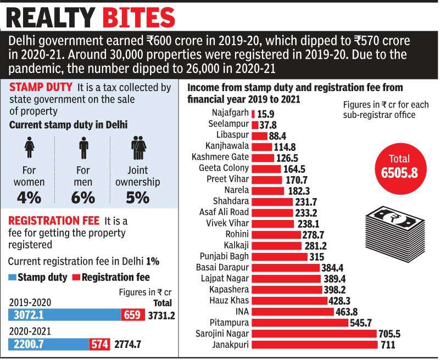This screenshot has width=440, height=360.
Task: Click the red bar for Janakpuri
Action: coord(315,345)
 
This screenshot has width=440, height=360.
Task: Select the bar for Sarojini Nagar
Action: coord(314,334)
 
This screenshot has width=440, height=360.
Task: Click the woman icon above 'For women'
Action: coord(30,148)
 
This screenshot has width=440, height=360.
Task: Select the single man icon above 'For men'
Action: coord(83,148)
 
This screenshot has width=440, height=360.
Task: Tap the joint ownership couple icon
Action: coord(138,148)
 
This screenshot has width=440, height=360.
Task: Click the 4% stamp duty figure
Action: coord(30,197)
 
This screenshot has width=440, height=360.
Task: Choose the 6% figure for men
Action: coord(83,197)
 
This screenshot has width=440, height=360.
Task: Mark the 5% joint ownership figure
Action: coord(137,197)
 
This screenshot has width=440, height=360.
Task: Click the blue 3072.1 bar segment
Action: coord(65,314)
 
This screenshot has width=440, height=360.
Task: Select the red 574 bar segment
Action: coord(100,344)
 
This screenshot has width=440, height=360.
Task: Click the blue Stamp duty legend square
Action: coord(12,277)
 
